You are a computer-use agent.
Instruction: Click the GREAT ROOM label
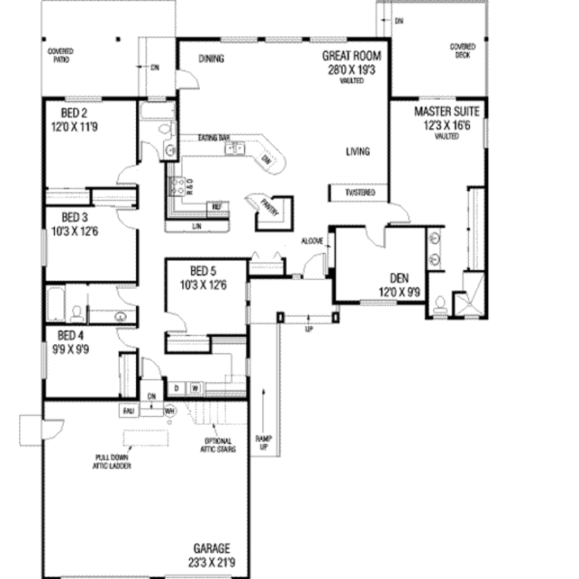pyautogui.click(x=351, y=56)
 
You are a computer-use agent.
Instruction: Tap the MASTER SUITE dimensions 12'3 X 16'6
pyautogui.click(x=447, y=124)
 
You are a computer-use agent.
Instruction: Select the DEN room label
pyautogui.click(x=399, y=279)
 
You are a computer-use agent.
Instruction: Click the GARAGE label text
pyautogui.click(x=212, y=548)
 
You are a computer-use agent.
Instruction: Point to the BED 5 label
pyautogui.click(x=203, y=271)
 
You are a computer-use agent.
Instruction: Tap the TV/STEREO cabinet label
pyautogui.click(x=360, y=193)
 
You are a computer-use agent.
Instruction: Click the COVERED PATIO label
pyautogui.click(x=60, y=55)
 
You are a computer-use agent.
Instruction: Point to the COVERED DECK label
pyautogui.click(x=463, y=51)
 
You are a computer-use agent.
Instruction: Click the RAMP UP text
pyautogui.click(x=263, y=442)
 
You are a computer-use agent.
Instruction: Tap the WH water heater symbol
pyautogui.click(x=169, y=412)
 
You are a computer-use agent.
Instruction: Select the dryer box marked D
pyautogui.click(x=176, y=388)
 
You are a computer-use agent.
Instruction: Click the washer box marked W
pyautogui.click(x=194, y=388)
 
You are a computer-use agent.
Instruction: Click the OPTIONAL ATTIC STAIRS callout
pyautogui.click(x=218, y=445)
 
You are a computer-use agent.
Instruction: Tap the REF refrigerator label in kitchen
pyautogui.click(x=217, y=207)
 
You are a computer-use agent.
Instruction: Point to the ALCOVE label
pyautogui.click(x=312, y=241)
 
